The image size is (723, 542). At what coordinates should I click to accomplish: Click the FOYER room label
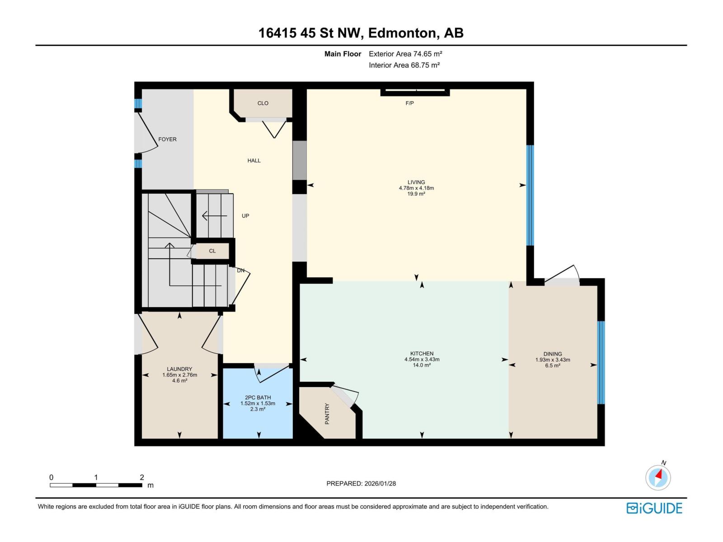[x=167, y=139]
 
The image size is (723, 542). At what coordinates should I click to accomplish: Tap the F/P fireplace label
[x=409, y=103]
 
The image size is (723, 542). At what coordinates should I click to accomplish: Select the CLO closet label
[x=263, y=103]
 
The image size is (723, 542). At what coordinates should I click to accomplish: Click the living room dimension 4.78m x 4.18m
[x=416, y=188]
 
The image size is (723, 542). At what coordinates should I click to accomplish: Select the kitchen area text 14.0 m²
[x=422, y=365]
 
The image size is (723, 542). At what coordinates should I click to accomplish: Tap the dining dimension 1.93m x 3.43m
[x=553, y=360]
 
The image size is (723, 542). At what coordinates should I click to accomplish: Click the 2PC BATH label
[x=258, y=397]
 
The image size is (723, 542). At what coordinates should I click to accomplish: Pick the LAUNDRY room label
[x=179, y=369]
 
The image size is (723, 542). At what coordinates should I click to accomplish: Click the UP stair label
[x=245, y=215]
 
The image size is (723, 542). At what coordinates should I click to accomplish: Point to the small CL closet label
[x=212, y=251]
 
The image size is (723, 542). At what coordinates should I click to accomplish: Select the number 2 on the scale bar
[x=142, y=477]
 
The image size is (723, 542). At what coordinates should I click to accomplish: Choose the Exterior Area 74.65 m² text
[x=405, y=54]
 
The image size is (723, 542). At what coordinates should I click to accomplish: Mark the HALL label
[x=254, y=161]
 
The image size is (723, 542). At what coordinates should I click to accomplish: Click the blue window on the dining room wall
[x=601, y=362]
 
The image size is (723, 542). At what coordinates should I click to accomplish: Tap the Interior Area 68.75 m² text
[x=404, y=65]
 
